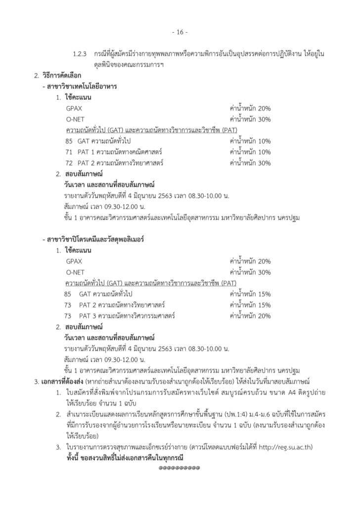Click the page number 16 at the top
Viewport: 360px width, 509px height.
click(x=180, y=33)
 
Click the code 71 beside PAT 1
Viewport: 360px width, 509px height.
click(x=68, y=152)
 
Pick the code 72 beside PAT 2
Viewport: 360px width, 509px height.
click(x=68, y=163)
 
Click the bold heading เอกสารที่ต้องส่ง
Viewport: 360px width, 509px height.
click(x=61, y=382)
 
